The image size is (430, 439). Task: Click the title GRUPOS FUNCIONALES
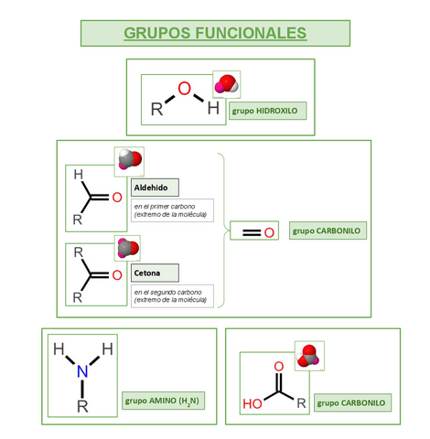[215, 33]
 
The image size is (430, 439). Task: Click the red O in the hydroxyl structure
[185, 89]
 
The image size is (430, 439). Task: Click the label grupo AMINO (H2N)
[164, 401]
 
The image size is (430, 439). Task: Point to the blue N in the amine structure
[82, 371]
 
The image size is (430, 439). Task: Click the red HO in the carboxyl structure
[252, 402]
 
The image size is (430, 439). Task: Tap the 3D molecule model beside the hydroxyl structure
[225, 86]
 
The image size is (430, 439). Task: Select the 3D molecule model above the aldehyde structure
[129, 160]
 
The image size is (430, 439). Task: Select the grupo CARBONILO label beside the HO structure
[353, 402]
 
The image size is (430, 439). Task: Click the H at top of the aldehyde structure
[78, 174]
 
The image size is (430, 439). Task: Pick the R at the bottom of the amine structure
[82, 403]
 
